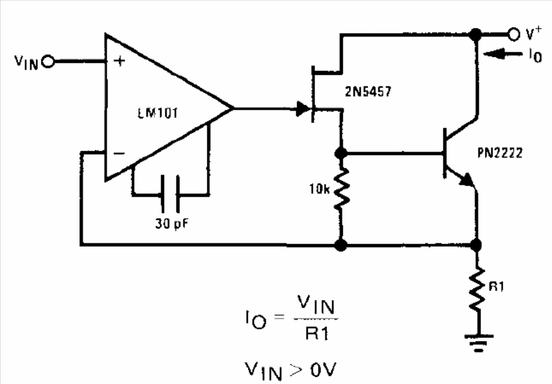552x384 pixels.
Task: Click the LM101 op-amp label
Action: pos(158,113)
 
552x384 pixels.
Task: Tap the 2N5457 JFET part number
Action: pos(368,92)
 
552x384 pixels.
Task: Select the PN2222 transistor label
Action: pos(500,153)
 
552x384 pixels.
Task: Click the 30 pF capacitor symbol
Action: pos(171,194)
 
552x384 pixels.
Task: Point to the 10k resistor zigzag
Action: pos(341,188)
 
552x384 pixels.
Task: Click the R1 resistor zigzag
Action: pos(476,290)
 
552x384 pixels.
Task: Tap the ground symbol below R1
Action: pos(478,342)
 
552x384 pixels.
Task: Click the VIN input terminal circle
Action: pos(48,62)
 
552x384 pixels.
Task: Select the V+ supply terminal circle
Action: pos(514,34)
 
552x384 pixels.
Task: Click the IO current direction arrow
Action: pos(503,54)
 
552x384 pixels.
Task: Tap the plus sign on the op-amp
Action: pos(120,61)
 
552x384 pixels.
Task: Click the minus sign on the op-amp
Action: pos(119,153)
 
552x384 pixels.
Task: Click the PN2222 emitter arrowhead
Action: pos(467,180)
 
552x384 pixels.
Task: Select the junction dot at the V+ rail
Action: pos(476,34)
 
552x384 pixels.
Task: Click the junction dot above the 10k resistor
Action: pos(341,153)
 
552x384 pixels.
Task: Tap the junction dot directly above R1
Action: pos(476,245)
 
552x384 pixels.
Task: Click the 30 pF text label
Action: pos(171,224)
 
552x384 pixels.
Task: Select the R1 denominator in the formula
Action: pos(317,333)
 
